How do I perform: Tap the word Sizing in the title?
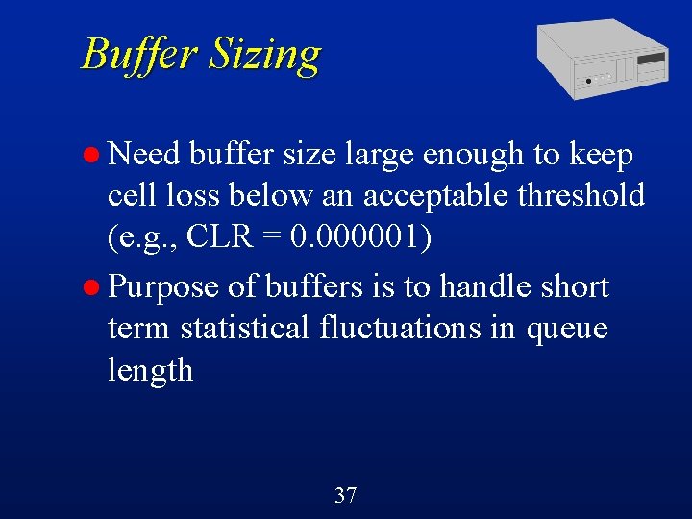click(x=263, y=55)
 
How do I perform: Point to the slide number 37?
click(x=345, y=496)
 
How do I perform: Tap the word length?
click(x=150, y=371)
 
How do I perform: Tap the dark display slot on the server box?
click(x=653, y=60)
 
